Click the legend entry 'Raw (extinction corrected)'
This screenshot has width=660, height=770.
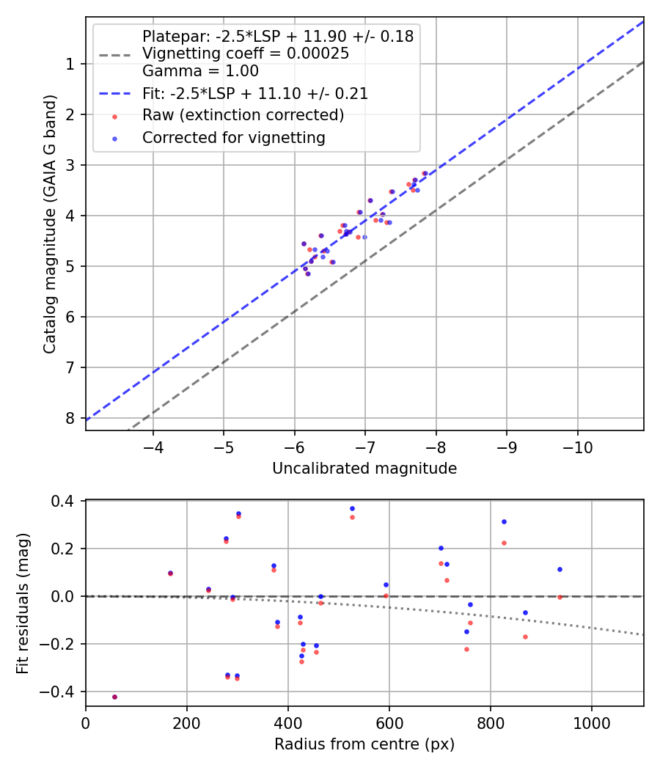[x=243, y=115]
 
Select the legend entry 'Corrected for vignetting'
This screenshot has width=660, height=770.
[x=233, y=137]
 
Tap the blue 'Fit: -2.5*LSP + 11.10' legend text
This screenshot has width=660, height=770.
[x=254, y=93]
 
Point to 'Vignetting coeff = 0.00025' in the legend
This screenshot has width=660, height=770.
[x=245, y=54]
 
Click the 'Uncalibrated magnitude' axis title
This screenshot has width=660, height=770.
[x=364, y=469]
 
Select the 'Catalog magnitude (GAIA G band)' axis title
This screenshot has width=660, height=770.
[x=49, y=223]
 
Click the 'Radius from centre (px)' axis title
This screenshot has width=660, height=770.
[x=364, y=744]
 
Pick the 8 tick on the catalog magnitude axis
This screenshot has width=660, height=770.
[x=70, y=418]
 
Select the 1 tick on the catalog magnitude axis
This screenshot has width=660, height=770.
[x=70, y=64]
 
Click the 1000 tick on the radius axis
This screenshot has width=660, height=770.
[x=592, y=722]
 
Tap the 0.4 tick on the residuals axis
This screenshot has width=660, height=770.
[x=65, y=501]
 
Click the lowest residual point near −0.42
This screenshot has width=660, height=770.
[x=114, y=697]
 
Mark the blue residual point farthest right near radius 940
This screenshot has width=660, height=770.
[x=560, y=569]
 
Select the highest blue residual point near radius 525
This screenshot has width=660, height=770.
[x=352, y=508]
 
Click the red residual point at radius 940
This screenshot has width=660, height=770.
[x=560, y=597]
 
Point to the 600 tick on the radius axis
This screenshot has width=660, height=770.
[x=389, y=722]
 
